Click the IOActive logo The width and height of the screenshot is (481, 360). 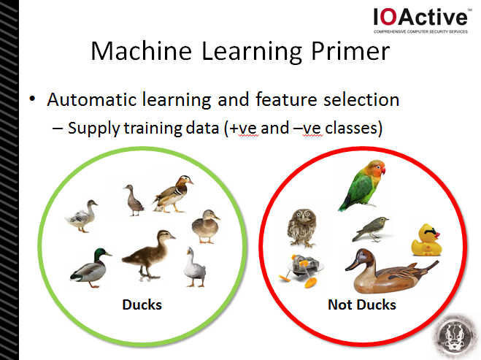(420, 20)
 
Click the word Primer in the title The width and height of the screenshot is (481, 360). (350, 51)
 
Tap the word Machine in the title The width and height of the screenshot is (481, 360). (142, 51)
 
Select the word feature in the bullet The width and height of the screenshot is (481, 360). (287, 99)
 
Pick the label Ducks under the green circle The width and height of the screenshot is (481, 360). (142, 305)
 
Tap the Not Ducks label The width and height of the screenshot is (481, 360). (362, 305)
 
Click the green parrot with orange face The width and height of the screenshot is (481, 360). (363, 185)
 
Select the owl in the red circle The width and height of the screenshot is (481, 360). (302, 227)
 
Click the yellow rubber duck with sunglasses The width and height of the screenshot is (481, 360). (426, 240)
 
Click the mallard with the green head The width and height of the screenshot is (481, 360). (91, 268)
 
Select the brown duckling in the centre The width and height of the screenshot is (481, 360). (149, 256)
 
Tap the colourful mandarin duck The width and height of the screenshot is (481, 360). (172, 194)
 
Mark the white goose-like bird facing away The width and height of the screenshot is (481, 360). (195, 267)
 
